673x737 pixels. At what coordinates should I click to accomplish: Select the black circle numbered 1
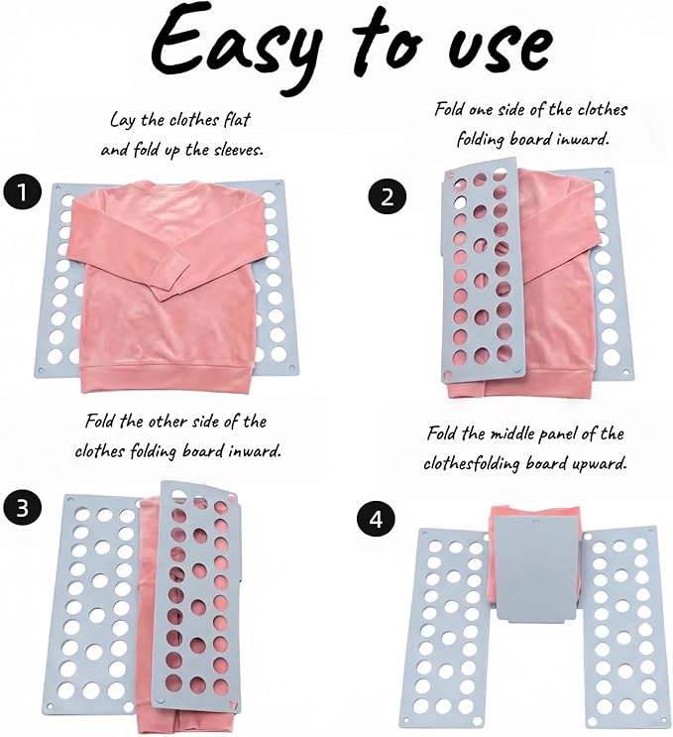click(22, 192)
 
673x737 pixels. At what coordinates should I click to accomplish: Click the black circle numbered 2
click(387, 196)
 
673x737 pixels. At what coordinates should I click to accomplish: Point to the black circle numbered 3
click(22, 508)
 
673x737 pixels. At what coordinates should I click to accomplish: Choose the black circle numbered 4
click(376, 520)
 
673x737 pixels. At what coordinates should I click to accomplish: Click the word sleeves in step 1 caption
click(238, 150)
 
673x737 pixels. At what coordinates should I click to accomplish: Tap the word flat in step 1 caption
click(237, 119)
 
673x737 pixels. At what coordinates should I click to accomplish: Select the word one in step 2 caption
click(480, 110)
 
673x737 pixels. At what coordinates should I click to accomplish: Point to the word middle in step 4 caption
click(510, 433)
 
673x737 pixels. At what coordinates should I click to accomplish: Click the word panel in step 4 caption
click(556, 434)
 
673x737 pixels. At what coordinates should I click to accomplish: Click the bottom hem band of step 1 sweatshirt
click(167, 378)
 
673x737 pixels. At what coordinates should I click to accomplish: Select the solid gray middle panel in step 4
click(536, 568)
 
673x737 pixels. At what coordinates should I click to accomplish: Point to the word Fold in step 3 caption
click(99, 421)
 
